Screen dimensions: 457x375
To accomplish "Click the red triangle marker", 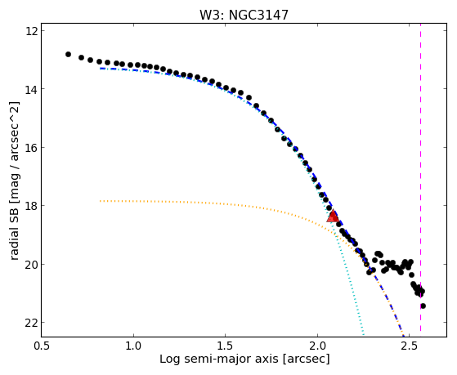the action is (333, 216).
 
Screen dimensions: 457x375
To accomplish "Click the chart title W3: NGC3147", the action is (244, 16).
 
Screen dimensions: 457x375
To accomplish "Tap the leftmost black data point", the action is (68, 54).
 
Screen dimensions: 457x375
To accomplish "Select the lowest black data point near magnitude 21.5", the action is (423, 306).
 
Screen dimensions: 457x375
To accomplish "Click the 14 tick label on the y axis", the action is (32, 88).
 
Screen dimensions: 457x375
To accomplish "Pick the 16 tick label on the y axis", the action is (32, 147).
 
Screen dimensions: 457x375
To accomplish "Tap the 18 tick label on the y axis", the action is (32, 205).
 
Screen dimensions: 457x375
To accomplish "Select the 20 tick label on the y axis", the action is (32, 264).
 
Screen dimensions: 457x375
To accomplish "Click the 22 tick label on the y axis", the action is (32, 322).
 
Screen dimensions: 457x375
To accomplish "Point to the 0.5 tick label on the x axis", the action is (42, 346).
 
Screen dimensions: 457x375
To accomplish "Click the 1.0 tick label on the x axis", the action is (133, 346).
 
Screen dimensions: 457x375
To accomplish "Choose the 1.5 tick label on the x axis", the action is (226, 346).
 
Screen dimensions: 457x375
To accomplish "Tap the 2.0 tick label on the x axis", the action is (317, 346).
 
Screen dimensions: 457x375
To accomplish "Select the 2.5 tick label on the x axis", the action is (410, 346).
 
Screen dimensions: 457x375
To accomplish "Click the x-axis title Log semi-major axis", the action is (219, 359).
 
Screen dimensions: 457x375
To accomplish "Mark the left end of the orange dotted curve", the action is (100, 201).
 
